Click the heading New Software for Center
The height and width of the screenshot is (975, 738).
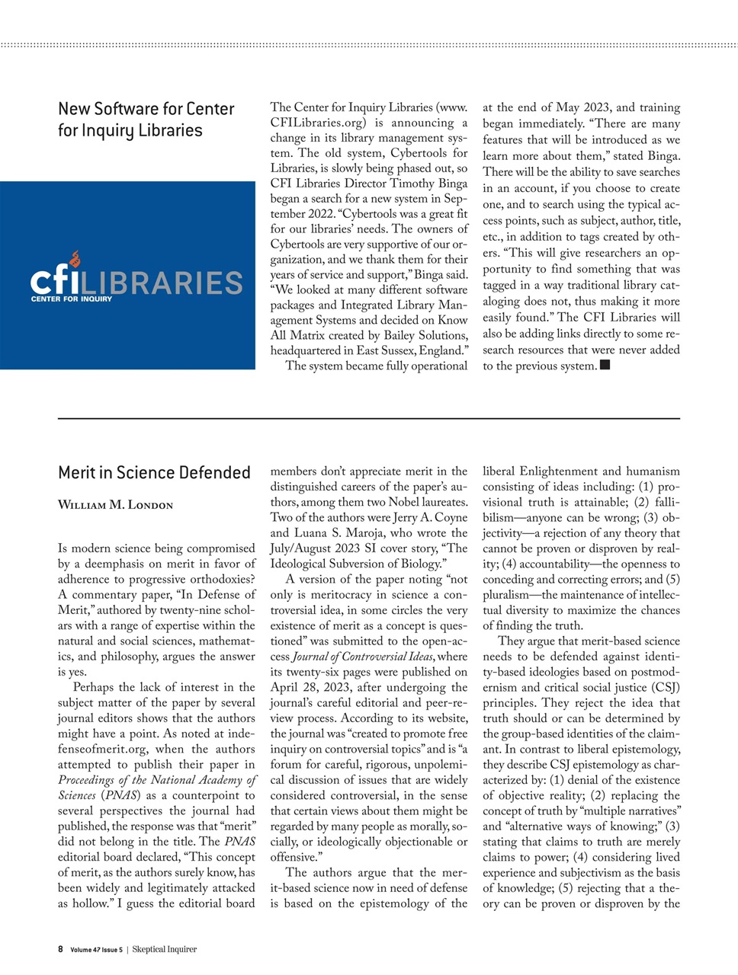[146, 109]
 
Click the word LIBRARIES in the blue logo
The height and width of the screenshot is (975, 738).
[162, 283]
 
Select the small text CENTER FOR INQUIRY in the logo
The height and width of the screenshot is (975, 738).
[71, 299]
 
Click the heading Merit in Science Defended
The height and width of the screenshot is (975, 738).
[154, 473]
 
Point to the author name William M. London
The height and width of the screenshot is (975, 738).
[115, 506]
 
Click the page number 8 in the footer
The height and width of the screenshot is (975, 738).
[61, 949]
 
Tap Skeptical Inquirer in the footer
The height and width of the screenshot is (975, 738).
[164, 949]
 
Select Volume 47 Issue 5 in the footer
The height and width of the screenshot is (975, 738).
[96, 950]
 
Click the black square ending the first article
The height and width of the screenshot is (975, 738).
[605, 365]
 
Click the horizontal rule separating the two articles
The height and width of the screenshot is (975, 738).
[369, 418]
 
